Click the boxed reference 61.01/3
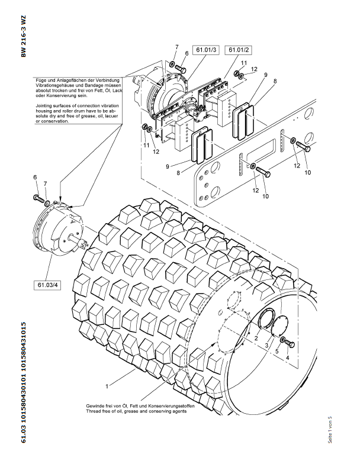point(205,50)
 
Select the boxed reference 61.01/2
point(240,50)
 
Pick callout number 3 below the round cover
point(266,344)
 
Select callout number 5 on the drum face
point(277,351)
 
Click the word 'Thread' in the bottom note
point(95,411)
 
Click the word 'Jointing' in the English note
point(46,104)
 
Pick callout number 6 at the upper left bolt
point(34,178)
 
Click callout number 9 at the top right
point(266,75)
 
